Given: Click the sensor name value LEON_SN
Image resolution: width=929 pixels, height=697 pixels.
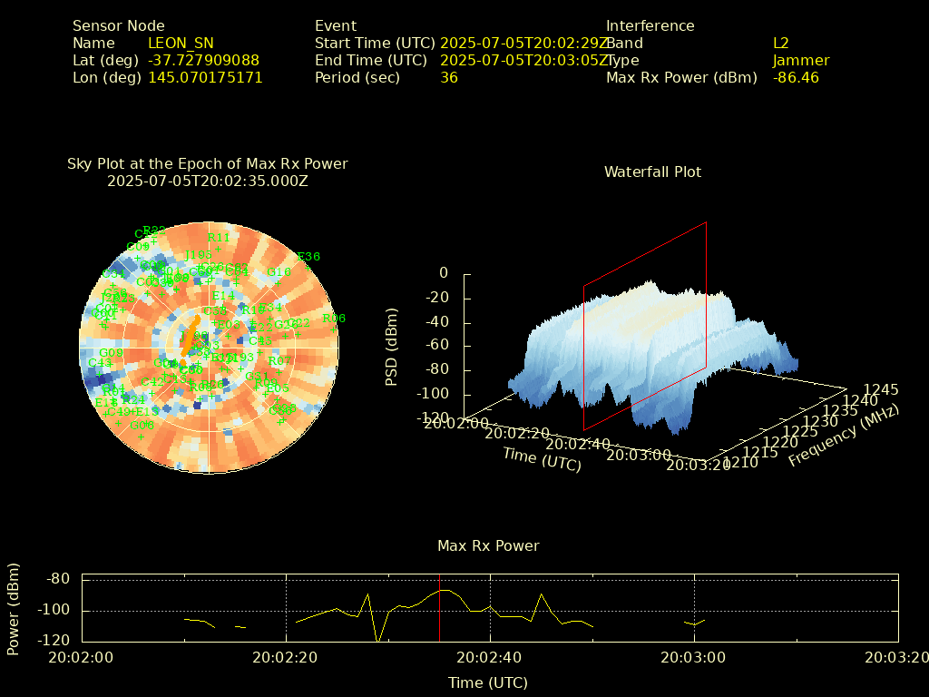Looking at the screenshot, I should tap(181, 43).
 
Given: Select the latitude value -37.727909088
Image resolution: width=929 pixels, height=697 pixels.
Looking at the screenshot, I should tap(203, 60).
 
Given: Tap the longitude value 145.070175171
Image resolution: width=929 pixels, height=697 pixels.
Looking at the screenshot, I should tap(205, 77).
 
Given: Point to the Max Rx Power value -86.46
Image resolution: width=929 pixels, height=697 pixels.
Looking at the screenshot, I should tap(796, 77).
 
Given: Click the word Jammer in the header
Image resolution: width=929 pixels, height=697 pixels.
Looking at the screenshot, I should tap(801, 60).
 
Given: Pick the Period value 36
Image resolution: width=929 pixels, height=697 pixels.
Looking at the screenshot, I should tap(449, 77).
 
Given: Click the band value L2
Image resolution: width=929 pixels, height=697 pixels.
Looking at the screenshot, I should tap(781, 43).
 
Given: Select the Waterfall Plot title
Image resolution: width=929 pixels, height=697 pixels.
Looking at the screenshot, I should tap(652, 172).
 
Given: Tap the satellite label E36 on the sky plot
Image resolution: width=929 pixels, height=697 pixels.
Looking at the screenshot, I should tap(308, 257).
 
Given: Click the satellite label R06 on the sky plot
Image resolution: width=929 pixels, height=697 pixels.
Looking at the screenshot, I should tap(334, 319).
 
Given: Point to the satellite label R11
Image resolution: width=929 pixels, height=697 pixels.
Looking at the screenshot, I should tap(219, 238).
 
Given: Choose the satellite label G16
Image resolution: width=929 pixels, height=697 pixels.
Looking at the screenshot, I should tap(279, 271).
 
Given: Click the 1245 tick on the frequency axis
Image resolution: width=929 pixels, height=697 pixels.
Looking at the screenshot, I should tap(881, 389).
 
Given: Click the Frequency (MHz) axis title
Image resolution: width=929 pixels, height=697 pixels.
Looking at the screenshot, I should tap(844, 437).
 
